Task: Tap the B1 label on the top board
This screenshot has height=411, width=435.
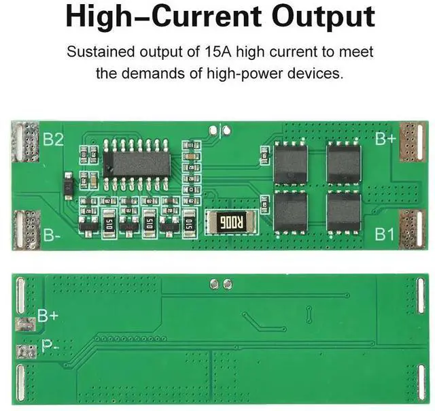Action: click(x=385, y=233)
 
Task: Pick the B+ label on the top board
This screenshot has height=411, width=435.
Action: click(x=385, y=138)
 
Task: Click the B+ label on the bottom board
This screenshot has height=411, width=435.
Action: click(x=48, y=315)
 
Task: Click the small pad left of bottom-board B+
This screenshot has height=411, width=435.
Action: click(x=24, y=325)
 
